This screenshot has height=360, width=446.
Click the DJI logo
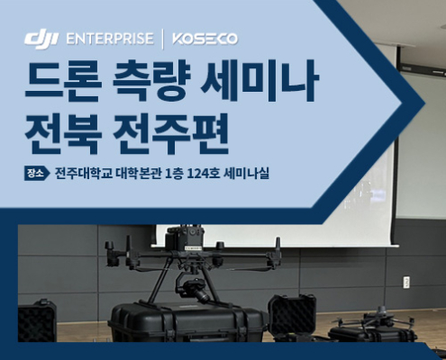pyautogui.click(x=41, y=40)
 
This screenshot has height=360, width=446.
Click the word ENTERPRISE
pyautogui.click(x=110, y=39)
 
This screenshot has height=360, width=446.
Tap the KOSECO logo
pyautogui.click(x=205, y=40)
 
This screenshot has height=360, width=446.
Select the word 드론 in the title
pyautogui.click(x=62, y=80)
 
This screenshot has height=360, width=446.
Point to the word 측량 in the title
pyautogui.click(x=151, y=80)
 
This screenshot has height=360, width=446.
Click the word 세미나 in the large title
pyautogui.click(x=259, y=80)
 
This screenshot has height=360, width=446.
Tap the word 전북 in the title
pyautogui.click(x=62, y=133)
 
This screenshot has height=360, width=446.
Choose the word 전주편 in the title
pyautogui.click(x=170, y=133)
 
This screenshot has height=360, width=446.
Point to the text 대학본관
pyautogui.click(x=139, y=174)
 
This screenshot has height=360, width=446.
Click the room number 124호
pyautogui.click(x=204, y=174)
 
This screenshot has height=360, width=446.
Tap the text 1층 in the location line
pyautogui.click(x=174, y=174)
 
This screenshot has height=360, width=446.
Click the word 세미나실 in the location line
pyautogui.click(x=246, y=174)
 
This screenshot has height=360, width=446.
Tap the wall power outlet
pyautogui.click(x=406, y=282)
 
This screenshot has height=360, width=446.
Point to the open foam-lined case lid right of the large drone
pyautogui.click(x=292, y=314)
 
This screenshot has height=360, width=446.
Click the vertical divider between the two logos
pyautogui.click(x=163, y=39)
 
